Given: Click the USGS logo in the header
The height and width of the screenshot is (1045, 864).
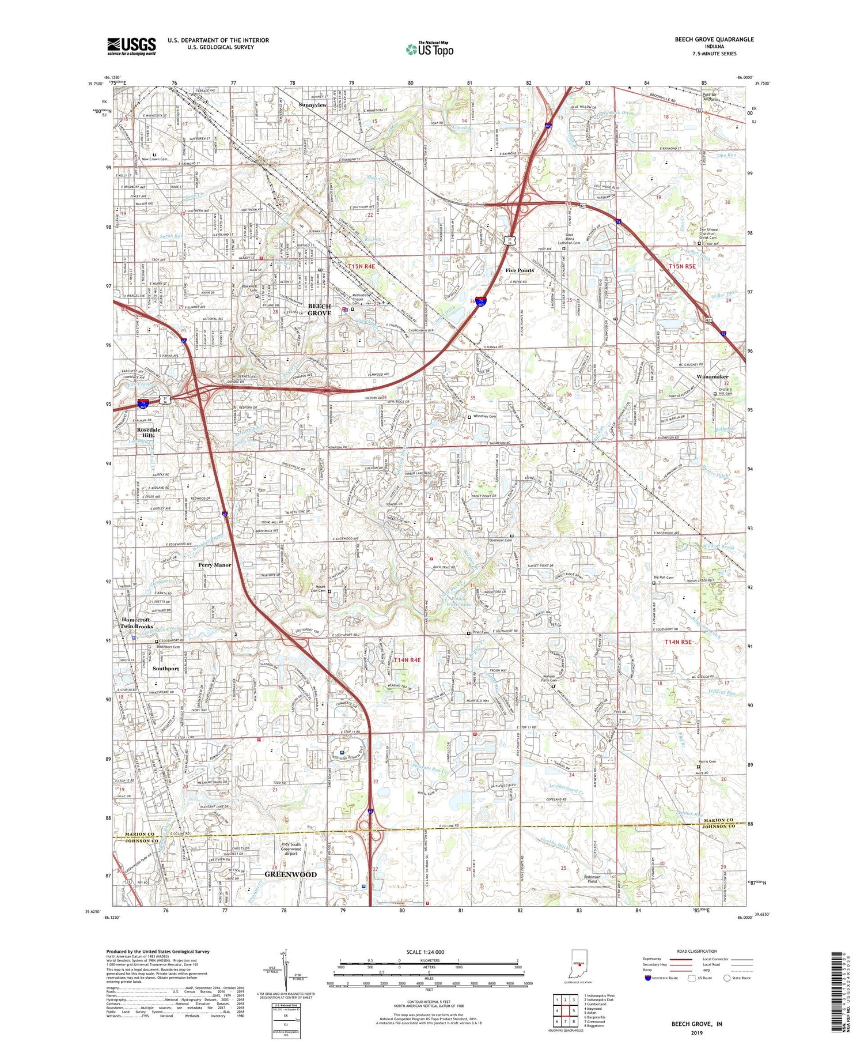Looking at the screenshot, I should (x=131, y=46).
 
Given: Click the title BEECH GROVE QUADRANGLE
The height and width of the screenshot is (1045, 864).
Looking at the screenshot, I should (x=714, y=40).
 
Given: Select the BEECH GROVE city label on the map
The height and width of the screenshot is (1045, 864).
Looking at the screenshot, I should (x=320, y=310).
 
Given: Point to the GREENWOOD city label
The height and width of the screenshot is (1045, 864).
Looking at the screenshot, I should (x=290, y=874).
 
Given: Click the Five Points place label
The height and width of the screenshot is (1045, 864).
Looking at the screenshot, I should (x=520, y=270).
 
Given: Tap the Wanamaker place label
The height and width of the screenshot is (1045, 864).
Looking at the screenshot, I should (x=713, y=376).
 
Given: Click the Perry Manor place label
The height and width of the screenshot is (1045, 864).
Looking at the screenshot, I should (x=214, y=565).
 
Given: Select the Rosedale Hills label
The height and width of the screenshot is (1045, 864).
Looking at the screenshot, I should (x=149, y=432).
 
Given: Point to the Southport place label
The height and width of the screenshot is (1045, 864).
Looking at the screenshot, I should (x=166, y=669).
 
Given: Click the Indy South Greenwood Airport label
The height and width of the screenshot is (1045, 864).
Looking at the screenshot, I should (x=291, y=849).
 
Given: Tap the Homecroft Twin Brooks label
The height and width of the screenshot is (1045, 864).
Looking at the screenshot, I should (x=137, y=623).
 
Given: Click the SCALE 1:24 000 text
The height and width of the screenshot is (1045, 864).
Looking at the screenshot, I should (x=425, y=952).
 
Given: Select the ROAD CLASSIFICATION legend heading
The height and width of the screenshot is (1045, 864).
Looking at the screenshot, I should (x=697, y=951).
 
